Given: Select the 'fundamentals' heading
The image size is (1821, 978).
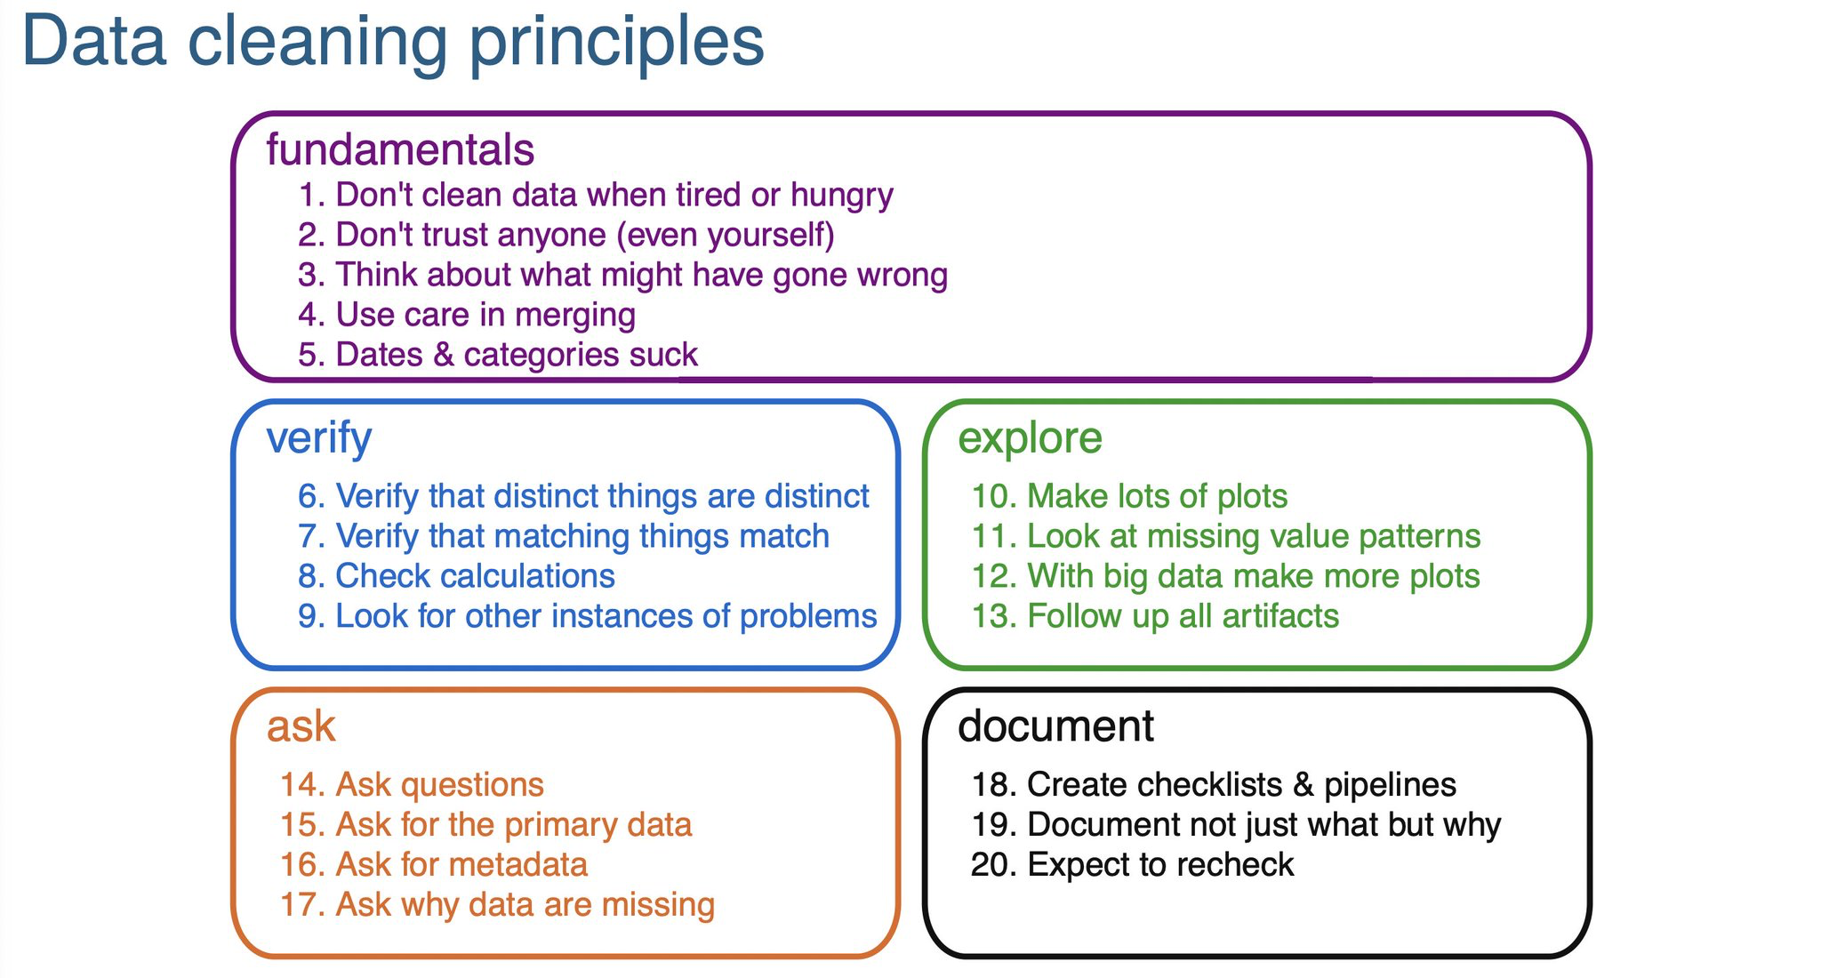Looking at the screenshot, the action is [400, 149].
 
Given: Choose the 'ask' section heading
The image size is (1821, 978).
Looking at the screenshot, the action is [301, 726].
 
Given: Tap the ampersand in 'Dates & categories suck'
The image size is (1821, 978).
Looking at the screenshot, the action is [443, 355].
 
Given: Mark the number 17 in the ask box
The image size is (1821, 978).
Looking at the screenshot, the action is [299, 905].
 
